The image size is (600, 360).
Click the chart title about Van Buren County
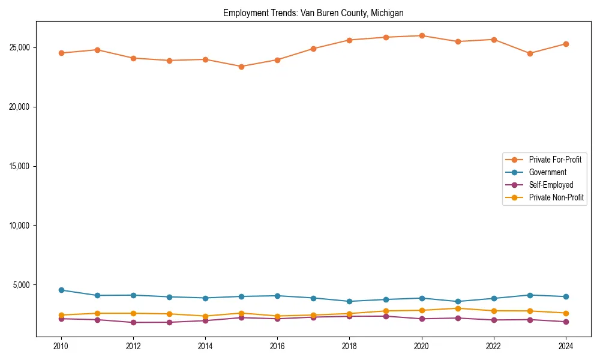[313, 13]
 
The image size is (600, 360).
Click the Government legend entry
[547, 172]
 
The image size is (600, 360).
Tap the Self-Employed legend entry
[551, 185]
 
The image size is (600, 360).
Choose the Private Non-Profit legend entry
[556, 197]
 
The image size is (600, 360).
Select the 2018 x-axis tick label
[349, 346]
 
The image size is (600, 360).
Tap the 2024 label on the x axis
[566, 346]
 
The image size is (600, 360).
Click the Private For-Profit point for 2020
[422, 35]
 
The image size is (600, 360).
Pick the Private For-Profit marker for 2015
[241, 67]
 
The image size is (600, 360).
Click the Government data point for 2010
[61, 290]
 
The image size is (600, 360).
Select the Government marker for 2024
[566, 296]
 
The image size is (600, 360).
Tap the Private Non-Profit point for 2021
[458, 308]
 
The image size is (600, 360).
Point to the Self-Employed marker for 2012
[133, 322]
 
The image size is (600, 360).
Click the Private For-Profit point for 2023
[530, 53]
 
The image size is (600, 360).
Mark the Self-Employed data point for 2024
[566, 322]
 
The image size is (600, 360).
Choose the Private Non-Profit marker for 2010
[61, 315]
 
